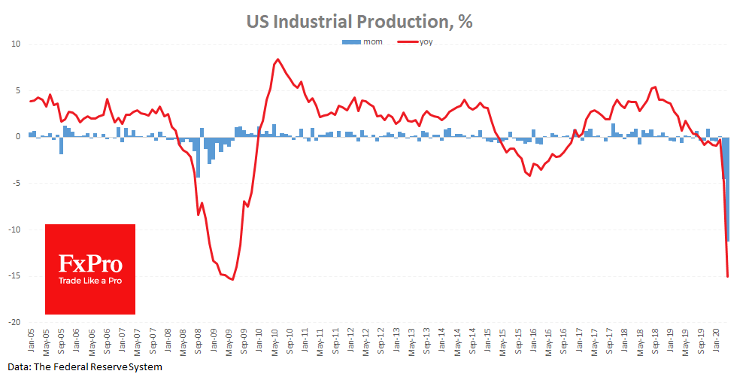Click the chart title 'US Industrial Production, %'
[359, 21]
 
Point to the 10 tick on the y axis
[15, 44]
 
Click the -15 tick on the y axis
[14, 276]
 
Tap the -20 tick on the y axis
[14, 322]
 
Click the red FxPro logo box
[90, 269]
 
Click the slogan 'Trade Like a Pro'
[90, 281]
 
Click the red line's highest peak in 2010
[277, 59]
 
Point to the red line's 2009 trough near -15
[232, 279]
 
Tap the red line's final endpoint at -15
[728, 276]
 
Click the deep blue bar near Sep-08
[199, 157]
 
